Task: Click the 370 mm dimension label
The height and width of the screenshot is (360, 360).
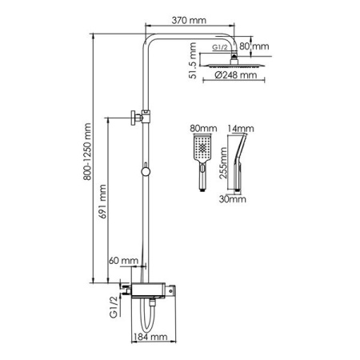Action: pyautogui.click(x=189, y=20)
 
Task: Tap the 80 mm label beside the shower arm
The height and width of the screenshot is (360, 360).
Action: pyautogui.click(x=254, y=46)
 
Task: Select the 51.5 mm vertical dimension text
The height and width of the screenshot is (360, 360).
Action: pyautogui.click(x=192, y=61)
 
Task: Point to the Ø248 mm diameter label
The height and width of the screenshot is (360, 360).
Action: pyautogui.click(x=236, y=75)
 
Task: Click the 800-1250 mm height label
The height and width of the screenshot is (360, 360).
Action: pyautogui.click(x=87, y=152)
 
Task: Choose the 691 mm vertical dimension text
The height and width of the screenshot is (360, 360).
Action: pyautogui.click(x=102, y=202)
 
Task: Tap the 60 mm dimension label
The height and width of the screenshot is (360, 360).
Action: pyautogui.click(x=123, y=261)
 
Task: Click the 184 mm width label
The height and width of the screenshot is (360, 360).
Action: pyautogui.click(x=150, y=337)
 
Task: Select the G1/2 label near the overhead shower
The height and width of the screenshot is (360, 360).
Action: pyautogui.click(x=220, y=47)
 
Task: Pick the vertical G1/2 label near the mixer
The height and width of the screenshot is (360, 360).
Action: pyautogui.click(x=114, y=306)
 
